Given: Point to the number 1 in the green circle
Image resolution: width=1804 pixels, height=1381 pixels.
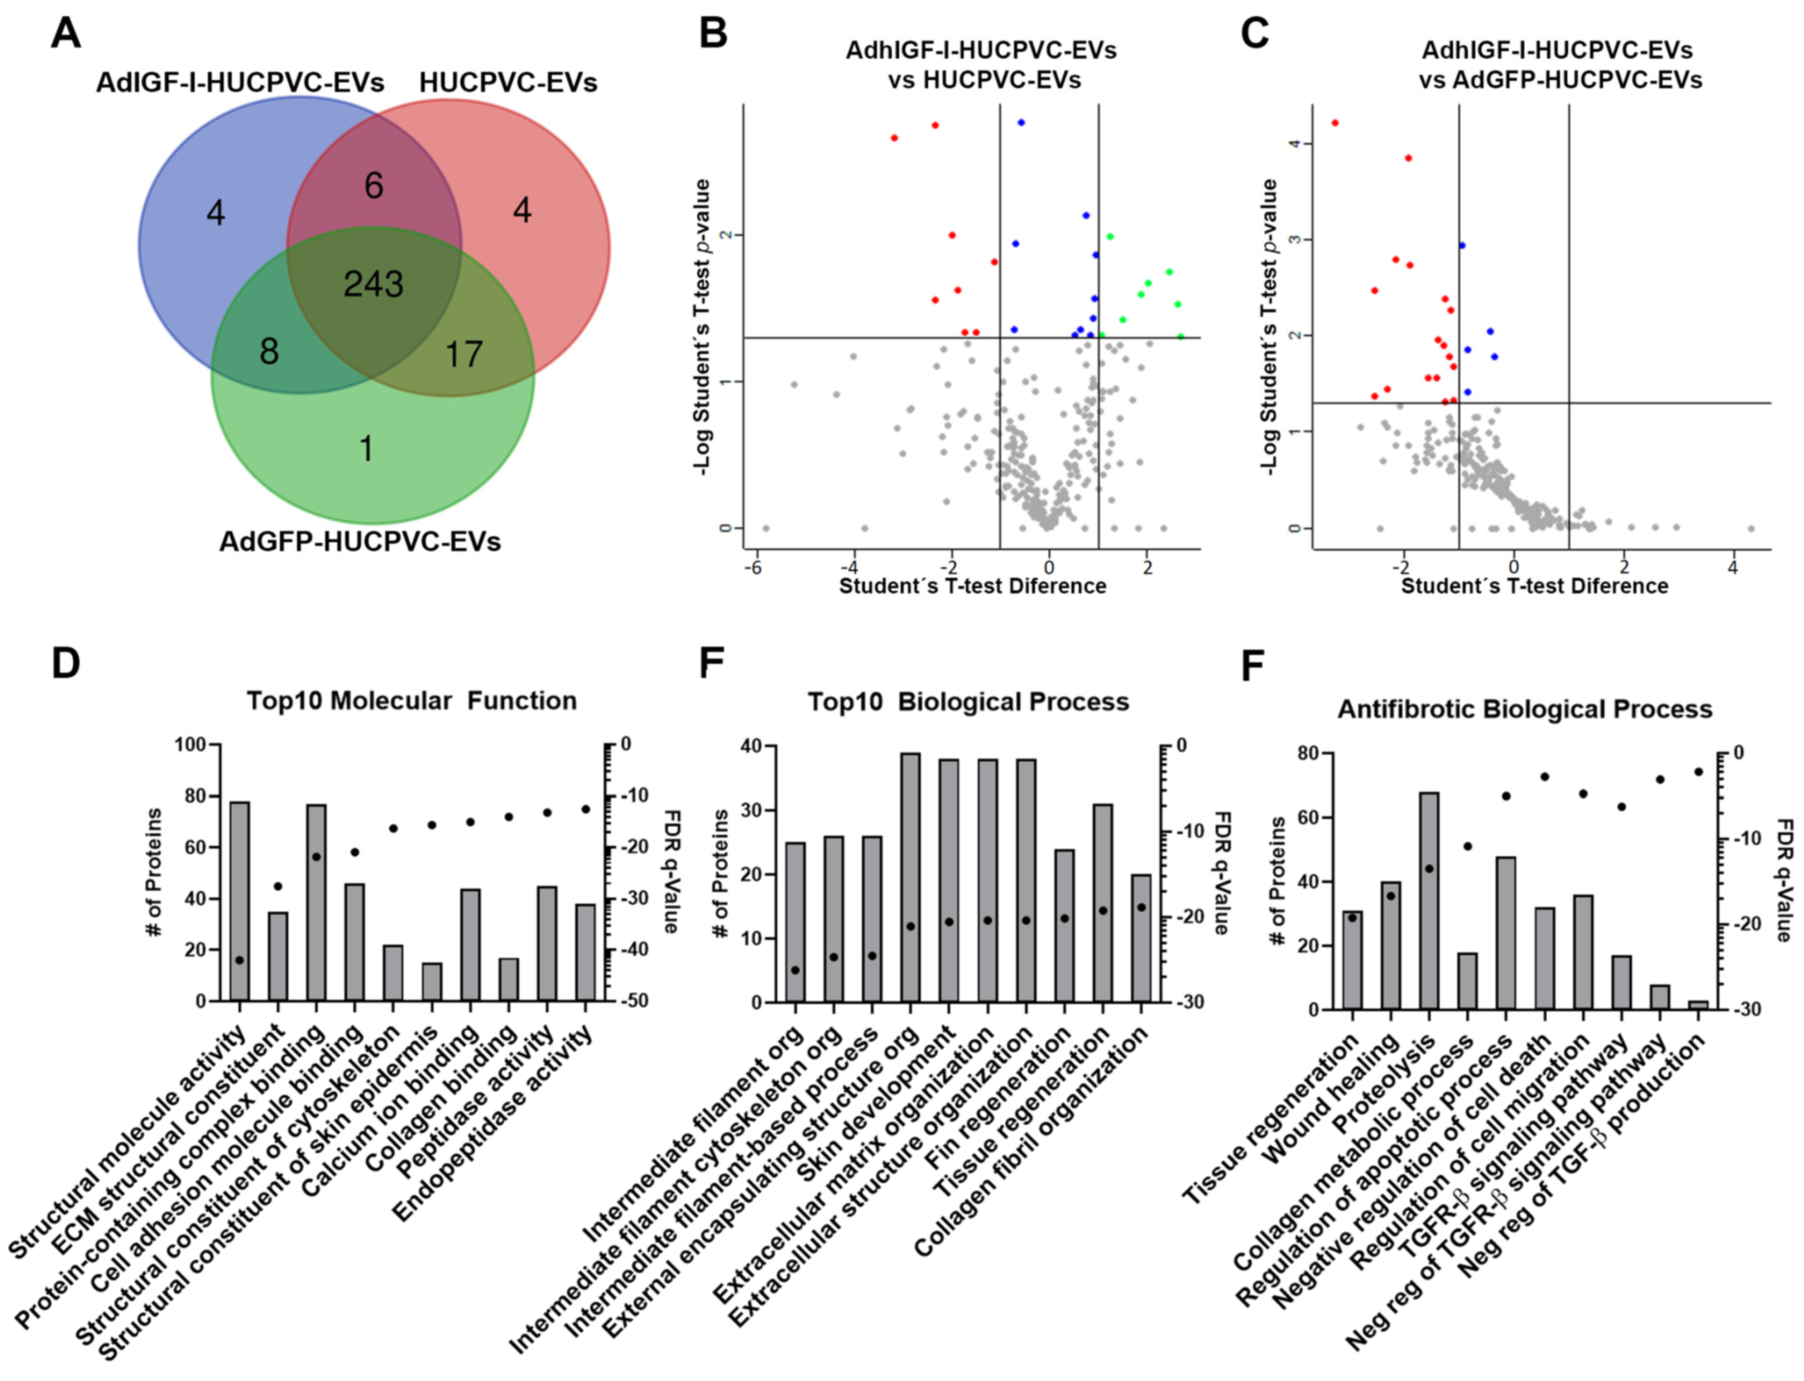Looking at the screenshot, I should point(366,449).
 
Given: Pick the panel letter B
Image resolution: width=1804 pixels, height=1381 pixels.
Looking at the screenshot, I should point(712,34).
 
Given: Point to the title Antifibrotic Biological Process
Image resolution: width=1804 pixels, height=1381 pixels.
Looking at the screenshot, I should point(1525,710).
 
